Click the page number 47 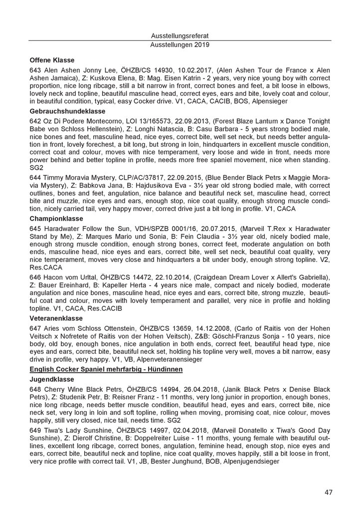[x=328, y=492]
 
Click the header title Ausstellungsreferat [x=180, y=35]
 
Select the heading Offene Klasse [x=51, y=59]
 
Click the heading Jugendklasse [x=50, y=379]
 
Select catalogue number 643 [x=35, y=70]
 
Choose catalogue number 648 [x=35, y=390]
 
